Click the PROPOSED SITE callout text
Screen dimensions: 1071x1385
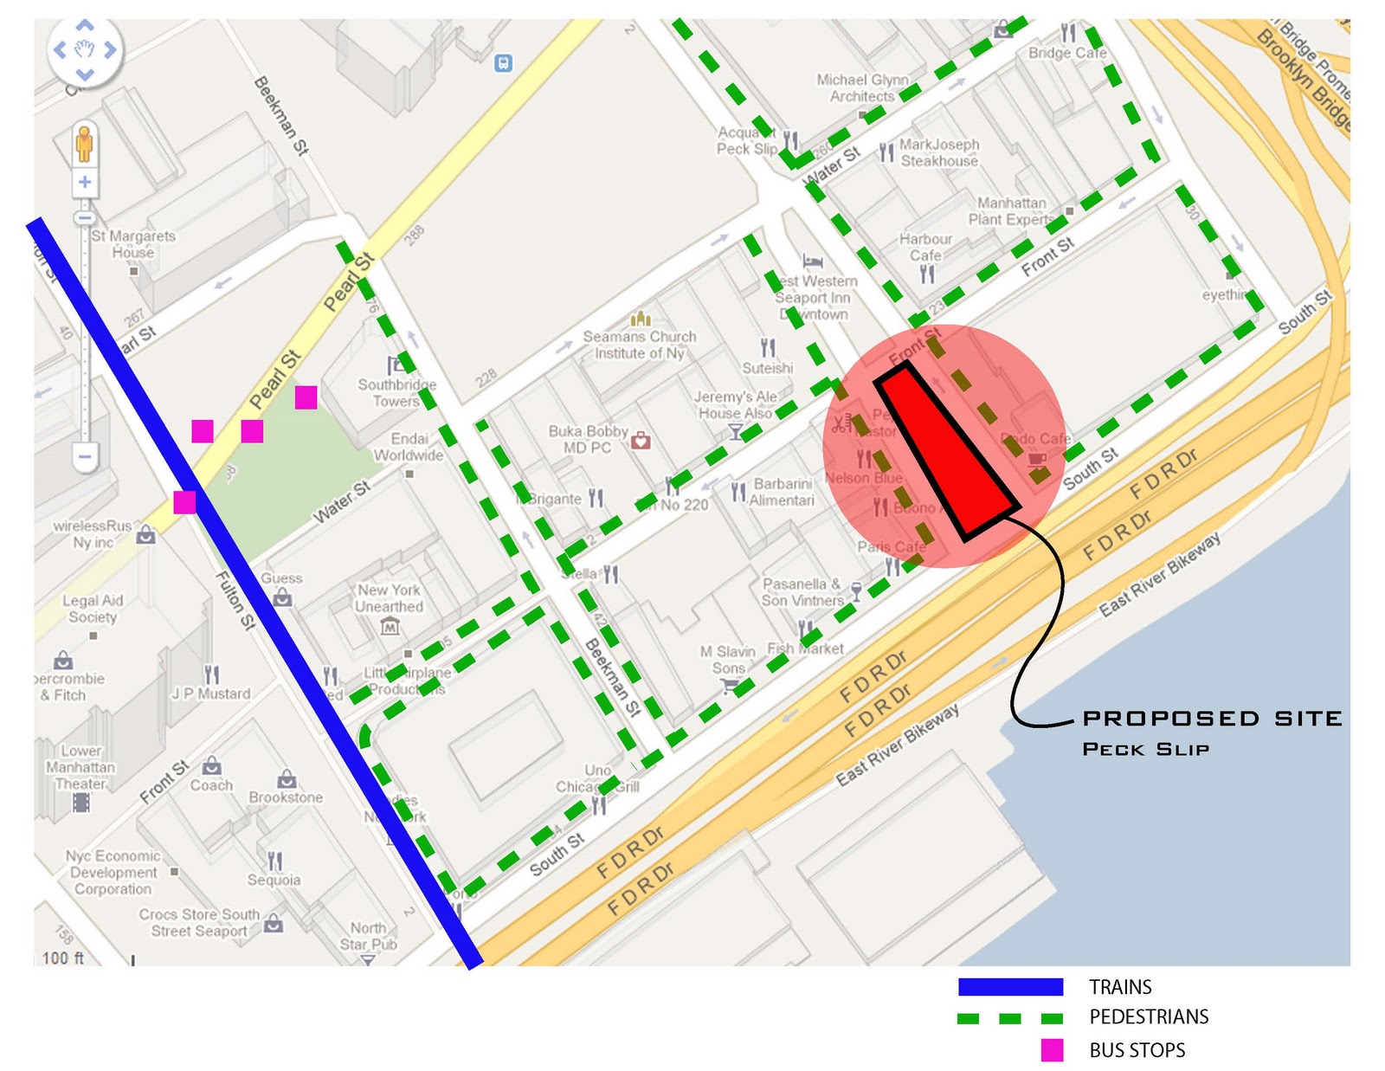(x=1212, y=719)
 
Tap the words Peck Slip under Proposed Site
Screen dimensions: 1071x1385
(x=1145, y=749)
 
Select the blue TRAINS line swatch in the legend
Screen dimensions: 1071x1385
(x=1010, y=987)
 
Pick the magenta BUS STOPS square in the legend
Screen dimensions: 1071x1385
(x=1052, y=1050)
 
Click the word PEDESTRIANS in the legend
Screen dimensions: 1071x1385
(x=1149, y=1017)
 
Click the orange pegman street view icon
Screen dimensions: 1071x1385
(x=84, y=144)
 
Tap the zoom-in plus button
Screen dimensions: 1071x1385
(x=85, y=182)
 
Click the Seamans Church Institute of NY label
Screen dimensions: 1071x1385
(x=640, y=345)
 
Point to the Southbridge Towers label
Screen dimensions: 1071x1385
(x=396, y=392)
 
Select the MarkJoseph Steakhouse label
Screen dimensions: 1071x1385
(x=939, y=152)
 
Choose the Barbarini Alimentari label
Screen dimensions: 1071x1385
(x=782, y=492)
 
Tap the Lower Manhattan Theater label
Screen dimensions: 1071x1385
(x=81, y=767)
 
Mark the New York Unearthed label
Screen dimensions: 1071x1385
(x=390, y=598)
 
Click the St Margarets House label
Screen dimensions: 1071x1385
(x=133, y=243)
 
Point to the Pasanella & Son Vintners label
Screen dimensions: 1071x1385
(x=802, y=592)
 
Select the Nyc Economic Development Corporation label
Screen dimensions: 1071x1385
(x=113, y=872)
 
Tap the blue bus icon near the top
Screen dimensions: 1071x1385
(x=503, y=63)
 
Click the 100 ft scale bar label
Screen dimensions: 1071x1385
(x=63, y=958)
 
